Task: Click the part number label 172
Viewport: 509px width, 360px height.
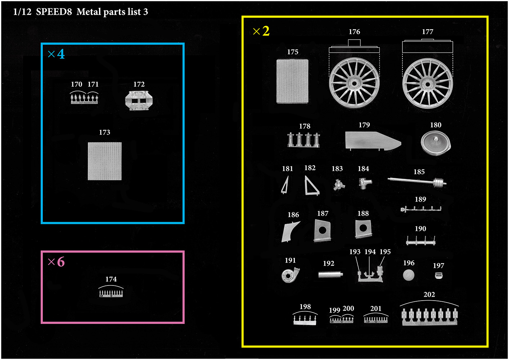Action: click(139, 84)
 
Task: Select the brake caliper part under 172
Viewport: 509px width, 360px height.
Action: click(139, 101)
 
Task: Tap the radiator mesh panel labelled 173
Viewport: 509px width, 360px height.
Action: click(105, 161)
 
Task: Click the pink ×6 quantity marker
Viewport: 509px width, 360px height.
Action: click(57, 262)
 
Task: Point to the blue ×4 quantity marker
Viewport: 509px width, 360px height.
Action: click(57, 54)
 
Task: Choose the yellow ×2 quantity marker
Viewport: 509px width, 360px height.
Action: click(261, 31)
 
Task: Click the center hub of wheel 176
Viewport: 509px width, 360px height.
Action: click(354, 84)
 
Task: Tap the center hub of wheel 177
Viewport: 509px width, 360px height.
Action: click(427, 85)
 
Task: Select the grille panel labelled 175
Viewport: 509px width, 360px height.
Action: click(292, 81)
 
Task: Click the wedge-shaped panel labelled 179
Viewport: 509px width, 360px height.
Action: click(373, 141)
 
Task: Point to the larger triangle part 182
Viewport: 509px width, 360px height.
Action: click(311, 186)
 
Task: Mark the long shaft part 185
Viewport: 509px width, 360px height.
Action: click(417, 181)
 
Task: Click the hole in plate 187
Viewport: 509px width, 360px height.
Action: click(322, 230)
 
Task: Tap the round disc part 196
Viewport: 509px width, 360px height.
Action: click(409, 275)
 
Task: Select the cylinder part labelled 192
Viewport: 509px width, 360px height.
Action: click(330, 275)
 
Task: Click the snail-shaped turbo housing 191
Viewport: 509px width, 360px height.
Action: click(290, 275)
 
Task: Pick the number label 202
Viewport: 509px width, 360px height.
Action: click(429, 294)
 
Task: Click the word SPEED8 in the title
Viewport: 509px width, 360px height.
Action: click(54, 12)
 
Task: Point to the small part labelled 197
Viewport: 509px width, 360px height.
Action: click(438, 276)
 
